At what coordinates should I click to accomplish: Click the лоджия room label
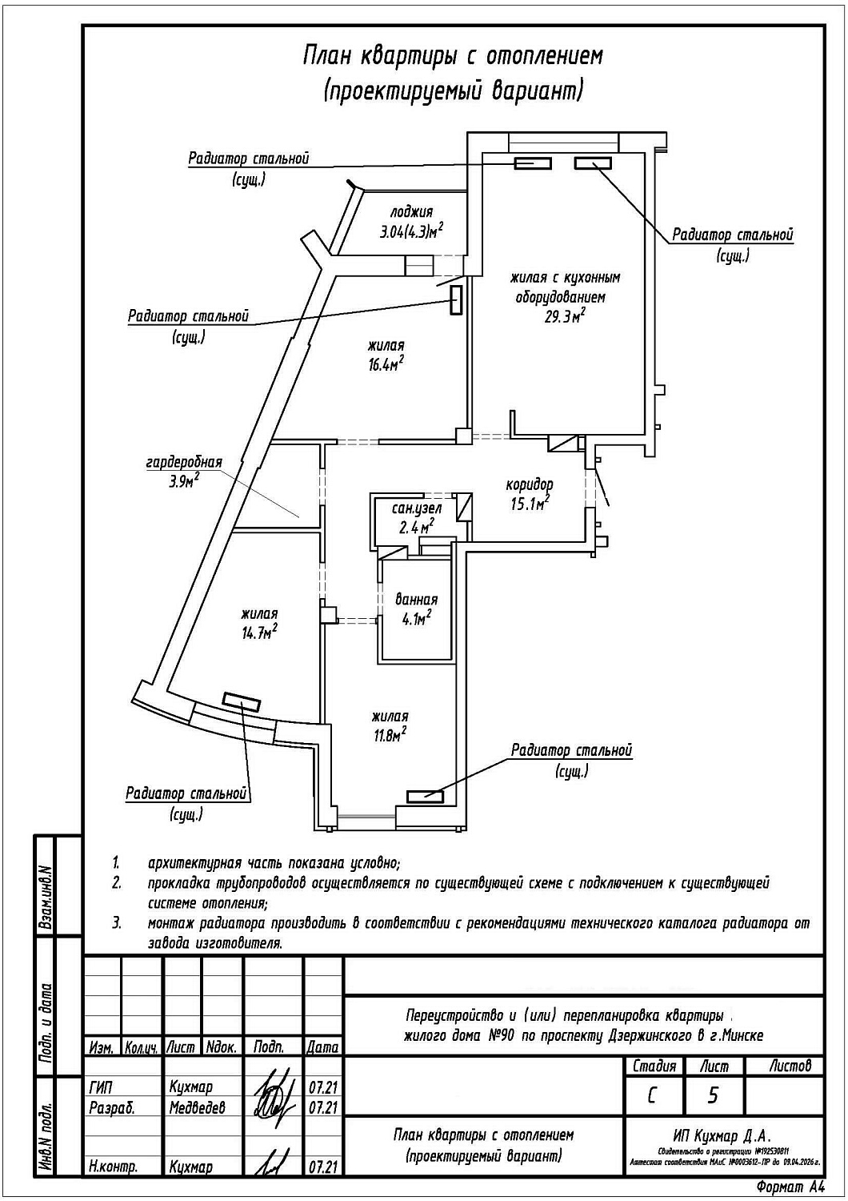[x=411, y=212]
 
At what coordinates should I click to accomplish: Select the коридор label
[x=530, y=484]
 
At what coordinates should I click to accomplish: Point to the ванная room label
[x=417, y=600]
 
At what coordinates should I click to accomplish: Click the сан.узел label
[x=417, y=508]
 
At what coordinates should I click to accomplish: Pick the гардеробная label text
[x=184, y=463]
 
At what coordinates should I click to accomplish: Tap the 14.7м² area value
[x=259, y=632]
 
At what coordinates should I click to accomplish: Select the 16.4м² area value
[x=385, y=364]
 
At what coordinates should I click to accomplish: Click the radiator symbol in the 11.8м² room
[x=425, y=796]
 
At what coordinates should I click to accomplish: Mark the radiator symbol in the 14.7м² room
[x=242, y=702]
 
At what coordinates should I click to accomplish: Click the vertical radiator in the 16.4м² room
[x=457, y=300]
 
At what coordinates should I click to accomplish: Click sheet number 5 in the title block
[x=713, y=1095]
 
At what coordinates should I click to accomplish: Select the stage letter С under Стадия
[x=653, y=1095]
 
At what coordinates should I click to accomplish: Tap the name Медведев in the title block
[x=197, y=1108]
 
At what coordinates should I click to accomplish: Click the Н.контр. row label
[x=113, y=1167]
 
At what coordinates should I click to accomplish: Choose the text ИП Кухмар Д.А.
[x=722, y=1136]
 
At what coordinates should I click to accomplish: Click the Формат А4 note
[x=788, y=1187]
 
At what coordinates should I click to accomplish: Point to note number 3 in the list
[x=117, y=923]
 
